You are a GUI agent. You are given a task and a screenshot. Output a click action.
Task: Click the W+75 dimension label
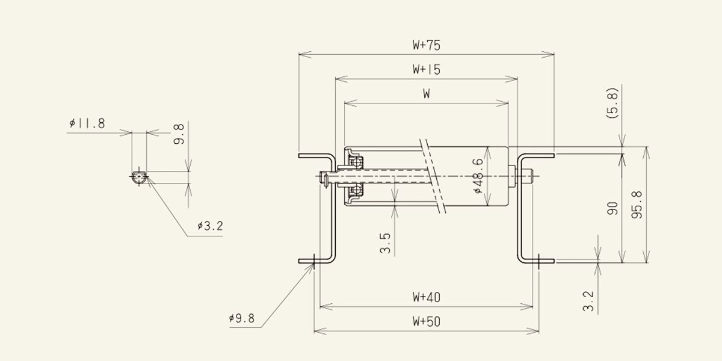[x=426, y=45]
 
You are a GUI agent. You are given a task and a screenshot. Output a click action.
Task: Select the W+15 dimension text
[x=426, y=69]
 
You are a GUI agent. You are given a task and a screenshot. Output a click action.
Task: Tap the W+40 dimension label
[x=426, y=297]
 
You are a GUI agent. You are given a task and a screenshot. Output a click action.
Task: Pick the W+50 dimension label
[x=426, y=321]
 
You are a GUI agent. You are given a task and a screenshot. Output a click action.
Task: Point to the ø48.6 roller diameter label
[x=479, y=176]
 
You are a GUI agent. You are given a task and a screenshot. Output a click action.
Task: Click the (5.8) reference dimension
[x=612, y=103]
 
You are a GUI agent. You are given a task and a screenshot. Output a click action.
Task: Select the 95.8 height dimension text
[x=637, y=205]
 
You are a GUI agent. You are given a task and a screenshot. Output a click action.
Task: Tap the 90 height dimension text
[x=612, y=208]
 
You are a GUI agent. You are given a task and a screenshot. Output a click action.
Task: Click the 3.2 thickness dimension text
[x=588, y=301]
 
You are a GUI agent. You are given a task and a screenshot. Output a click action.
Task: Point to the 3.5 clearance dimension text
[x=385, y=243]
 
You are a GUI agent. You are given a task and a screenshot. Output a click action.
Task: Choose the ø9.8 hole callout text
[x=242, y=318]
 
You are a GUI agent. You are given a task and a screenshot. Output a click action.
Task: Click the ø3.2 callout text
[x=210, y=226]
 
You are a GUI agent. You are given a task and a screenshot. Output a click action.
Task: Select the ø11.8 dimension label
[x=87, y=123]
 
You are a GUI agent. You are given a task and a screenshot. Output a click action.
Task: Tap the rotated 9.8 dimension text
[x=179, y=134]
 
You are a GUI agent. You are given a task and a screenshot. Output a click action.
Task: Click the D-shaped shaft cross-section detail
[x=139, y=177]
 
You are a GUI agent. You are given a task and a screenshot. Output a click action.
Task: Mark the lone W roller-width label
[x=426, y=94]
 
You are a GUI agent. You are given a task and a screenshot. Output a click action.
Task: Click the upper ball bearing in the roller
[x=356, y=162]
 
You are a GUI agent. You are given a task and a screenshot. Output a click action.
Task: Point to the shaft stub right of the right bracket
[x=525, y=176]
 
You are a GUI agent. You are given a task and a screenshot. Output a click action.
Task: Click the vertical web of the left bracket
[x=333, y=208]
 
